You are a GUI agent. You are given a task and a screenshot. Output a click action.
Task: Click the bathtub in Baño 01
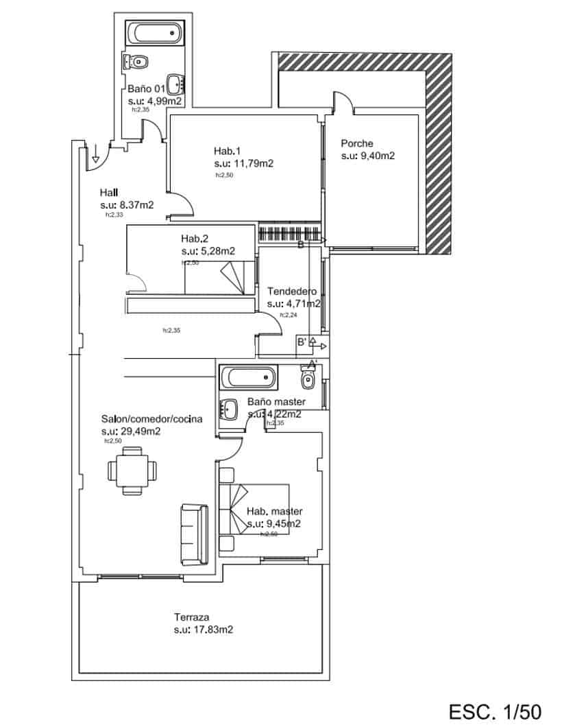155,33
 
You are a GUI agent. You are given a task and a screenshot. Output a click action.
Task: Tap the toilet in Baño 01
136,62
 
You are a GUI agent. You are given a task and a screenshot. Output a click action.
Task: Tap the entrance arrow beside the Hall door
96,151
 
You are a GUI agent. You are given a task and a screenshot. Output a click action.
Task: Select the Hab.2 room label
195,239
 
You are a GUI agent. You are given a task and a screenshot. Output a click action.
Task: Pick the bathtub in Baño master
248,378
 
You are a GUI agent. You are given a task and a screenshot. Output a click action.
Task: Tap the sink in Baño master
228,410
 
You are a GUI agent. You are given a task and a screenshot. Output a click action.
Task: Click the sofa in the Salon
195,535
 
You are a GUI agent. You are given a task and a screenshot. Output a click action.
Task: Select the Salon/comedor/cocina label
151,419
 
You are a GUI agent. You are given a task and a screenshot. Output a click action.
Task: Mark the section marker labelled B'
301,341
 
